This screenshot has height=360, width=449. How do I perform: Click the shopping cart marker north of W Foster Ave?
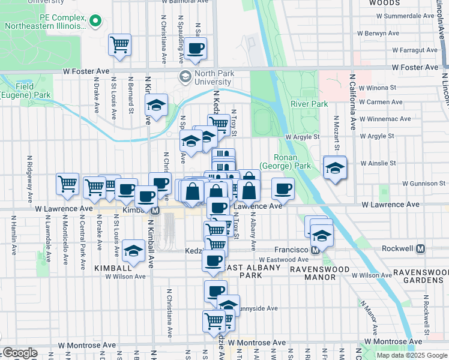pos(120,44)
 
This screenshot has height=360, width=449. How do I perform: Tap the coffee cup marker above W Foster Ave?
pos(195,49)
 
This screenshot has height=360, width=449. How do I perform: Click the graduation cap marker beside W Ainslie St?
pos(334,167)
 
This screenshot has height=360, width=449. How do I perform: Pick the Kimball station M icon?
pos(155,211)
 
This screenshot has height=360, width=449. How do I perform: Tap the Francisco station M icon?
pos(315,249)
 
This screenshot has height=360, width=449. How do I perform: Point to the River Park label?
pos(310,104)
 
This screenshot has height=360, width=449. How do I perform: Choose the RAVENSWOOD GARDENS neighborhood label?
pos(421,277)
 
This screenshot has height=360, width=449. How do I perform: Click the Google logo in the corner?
pos(20,353)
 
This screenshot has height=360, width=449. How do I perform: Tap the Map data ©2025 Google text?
pos(411,355)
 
